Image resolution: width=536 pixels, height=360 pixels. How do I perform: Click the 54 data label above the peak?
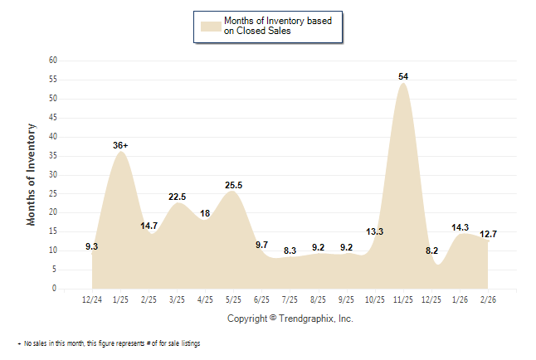pos(403,76)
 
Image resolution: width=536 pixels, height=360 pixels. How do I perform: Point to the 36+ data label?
pos(120,145)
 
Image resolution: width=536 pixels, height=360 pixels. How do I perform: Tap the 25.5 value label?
pos(234,184)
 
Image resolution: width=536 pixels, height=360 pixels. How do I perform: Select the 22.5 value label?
pos(177,196)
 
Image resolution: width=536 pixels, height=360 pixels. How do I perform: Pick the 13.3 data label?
pos(375,231)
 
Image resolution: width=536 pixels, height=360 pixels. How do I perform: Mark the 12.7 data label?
pos(489,234)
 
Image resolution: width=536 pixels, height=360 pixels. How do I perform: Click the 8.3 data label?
pos(290,250)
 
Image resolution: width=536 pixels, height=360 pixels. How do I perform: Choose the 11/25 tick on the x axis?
pos(403,300)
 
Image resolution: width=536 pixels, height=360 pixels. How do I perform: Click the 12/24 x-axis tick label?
pos(92,300)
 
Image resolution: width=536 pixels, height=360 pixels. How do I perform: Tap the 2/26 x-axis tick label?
pos(489,300)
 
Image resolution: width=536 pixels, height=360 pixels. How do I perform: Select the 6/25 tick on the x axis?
pos(262,300)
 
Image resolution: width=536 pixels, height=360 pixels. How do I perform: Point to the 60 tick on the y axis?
pos(52,61)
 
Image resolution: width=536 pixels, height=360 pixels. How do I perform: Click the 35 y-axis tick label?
pos(52,156)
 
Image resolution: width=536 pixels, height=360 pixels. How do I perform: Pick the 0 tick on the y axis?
pos(54,289)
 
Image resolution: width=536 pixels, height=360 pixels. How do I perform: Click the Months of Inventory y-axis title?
pos(32,174)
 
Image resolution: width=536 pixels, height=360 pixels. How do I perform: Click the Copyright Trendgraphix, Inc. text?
pos(290,318)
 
